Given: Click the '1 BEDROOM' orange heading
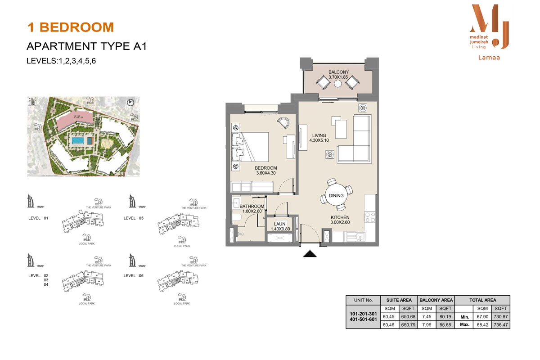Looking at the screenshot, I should [71, 27].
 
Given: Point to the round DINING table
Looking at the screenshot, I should [336, 195].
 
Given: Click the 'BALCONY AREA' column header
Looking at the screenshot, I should [436, 300].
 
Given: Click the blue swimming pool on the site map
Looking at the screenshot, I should [78, 141].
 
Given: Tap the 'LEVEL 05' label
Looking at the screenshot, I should [133, 218].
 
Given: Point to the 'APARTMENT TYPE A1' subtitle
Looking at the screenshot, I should [87, 46].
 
